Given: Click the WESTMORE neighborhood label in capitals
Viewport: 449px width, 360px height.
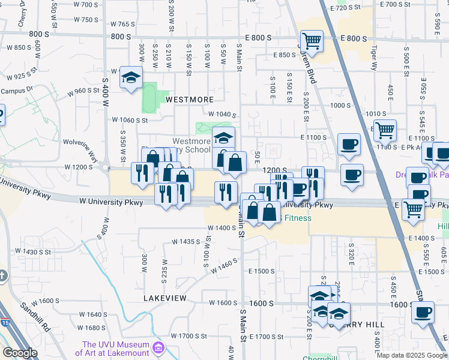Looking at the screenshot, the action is pyautogui.click(x=190, y=99).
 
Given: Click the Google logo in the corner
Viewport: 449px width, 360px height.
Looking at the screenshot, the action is pyautogui.click(x=20, y=353).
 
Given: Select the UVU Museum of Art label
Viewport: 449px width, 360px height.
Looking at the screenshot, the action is pyautogui.click(x=115, y=349).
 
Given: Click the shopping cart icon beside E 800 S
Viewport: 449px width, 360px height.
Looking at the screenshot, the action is pyautogui.click(x=312, y=41).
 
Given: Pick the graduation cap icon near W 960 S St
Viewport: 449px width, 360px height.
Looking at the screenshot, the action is pyautogui.click(x=131, y=77).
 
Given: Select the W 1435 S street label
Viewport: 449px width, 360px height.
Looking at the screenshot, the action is pyautogui.click(x=185, y=242).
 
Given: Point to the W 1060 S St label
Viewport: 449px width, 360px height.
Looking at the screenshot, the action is pyautogui.click(x=130, y=120).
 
